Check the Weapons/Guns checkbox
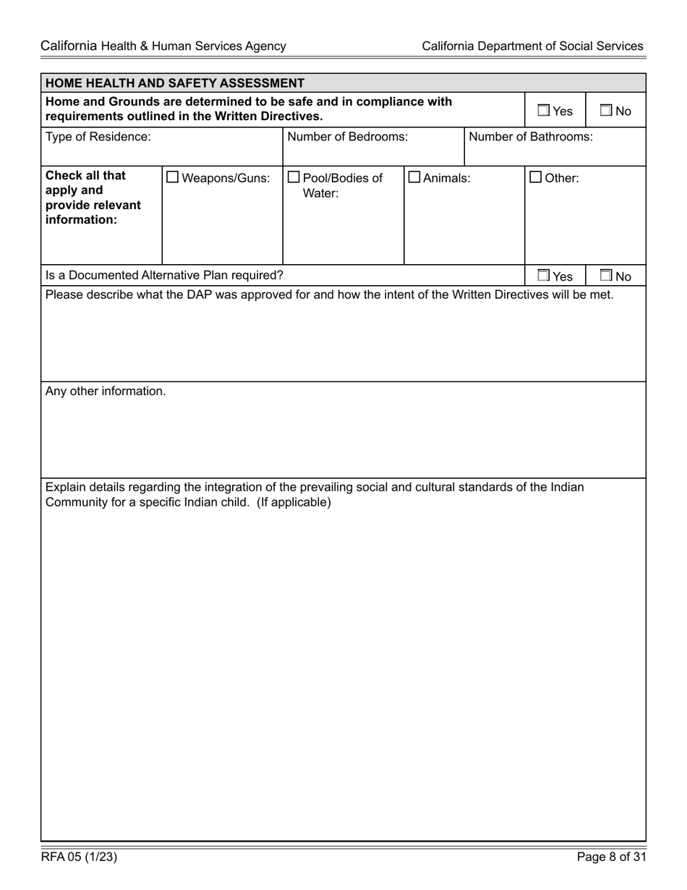coord(173,177)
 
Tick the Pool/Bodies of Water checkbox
coord(294,177)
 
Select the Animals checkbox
coord(414,177)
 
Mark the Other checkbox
coord(536,177)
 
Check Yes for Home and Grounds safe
coord(543,111)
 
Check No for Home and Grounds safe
coord(606,111)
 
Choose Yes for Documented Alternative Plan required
coord(543,276)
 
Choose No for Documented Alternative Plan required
coord(606,276)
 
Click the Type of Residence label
coord(98,136)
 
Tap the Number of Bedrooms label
coord(347,136)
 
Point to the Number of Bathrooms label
coord(531,136)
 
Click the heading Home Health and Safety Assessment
coord(175,83)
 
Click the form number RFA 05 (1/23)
coord(79,857)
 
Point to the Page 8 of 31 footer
coord(611,857)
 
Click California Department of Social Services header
coord(532,46)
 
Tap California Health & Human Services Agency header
coord(163,46)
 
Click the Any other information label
coord(106,391)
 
